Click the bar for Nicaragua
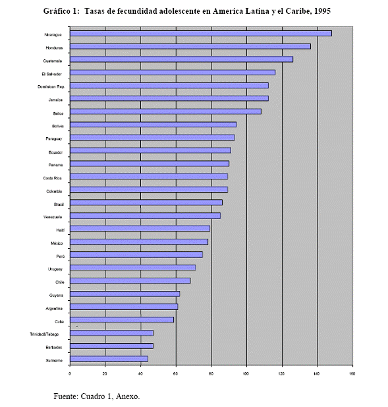pyautogui.click(x=201, y=34)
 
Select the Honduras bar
pyautogui.click(x=190, y=46)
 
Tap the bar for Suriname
pyautogui.click(x=109, y=359)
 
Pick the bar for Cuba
pyautogui.click(x=122, y=320)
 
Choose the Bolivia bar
pyautogui.click(x=153, y=125)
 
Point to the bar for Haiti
pyautogui.click(x=140, y=228)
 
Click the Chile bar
pyautogui.click(x=130, y=281)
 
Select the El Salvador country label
pyautogui.click(x=52, y=75)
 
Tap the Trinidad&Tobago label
pyautogui.click(x=44, y=334)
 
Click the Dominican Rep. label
pyautogui.click(x=51, y=86)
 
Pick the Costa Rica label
pyautogui.click(x=52, y=178)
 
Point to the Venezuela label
pyautogui.click(x=53, y=217)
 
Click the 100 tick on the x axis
pyautogui.click(x=246, y=374)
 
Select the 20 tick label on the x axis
pyautogui.click(x=105, y=374)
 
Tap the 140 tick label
pyautogui.click(x=316, y=374)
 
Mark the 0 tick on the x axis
pyautogui.click(x=69, y=374)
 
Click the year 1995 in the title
pyautogui.click(x=322, y=11)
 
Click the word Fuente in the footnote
pyautogui.click(x=66, y=396)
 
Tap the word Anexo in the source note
pyautogui.click(x=128, y=396)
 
